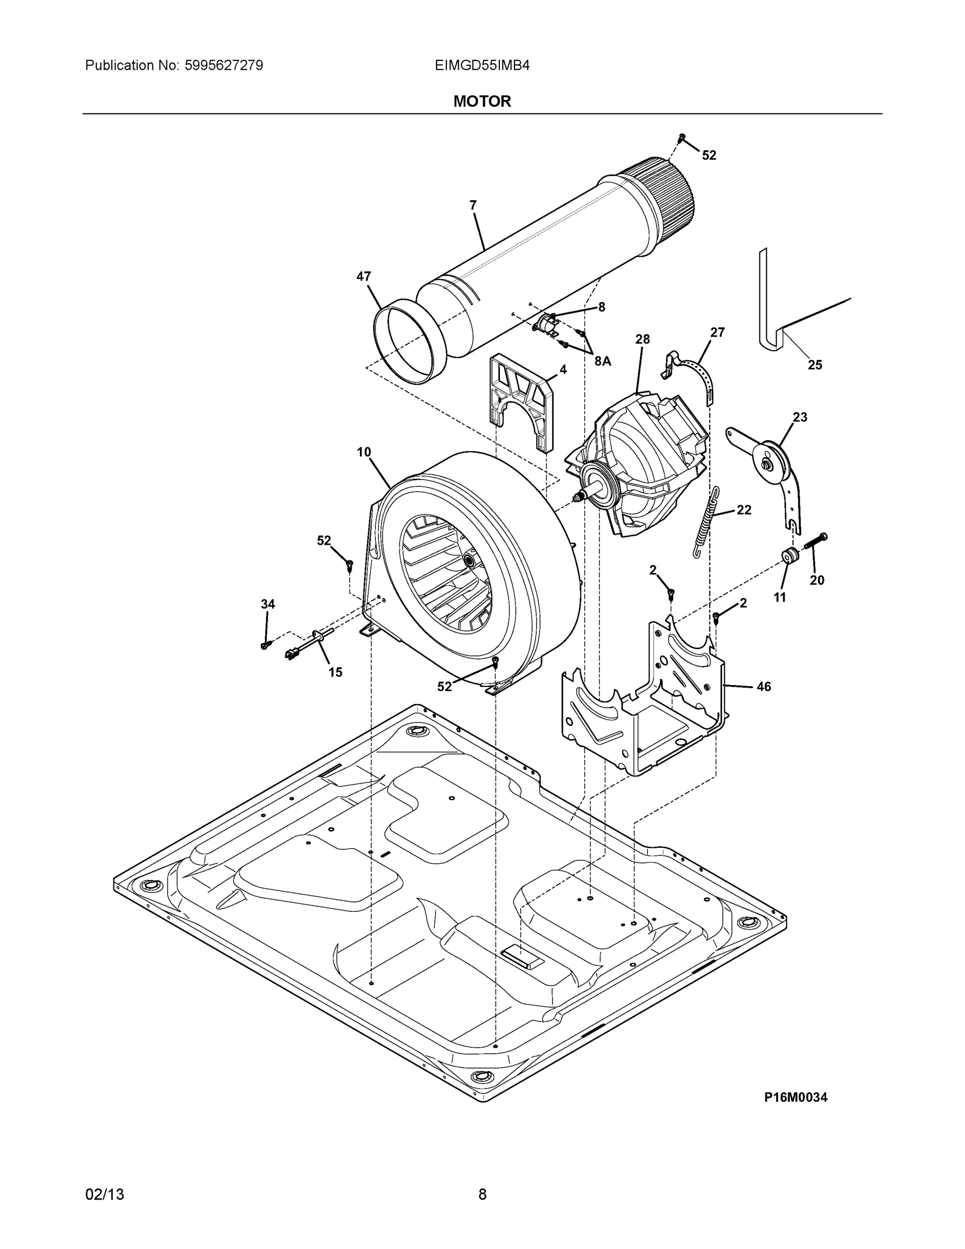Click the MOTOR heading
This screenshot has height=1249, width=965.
[482, 101]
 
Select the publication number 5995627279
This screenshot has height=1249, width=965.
[224, 65]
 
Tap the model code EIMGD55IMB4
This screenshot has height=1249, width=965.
[482, 65]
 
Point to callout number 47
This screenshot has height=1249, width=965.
[364, 276]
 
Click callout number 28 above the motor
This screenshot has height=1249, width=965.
[642, 339]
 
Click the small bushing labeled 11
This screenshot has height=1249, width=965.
[790, 555]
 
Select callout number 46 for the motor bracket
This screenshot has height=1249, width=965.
[764, 686]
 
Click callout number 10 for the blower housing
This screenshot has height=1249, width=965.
[364, 452]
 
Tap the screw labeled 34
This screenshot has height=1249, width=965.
[265, 644]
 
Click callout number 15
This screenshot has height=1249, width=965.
[335, 672]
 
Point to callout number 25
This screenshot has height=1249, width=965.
[815, 364]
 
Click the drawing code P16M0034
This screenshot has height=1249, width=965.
[795, 1097]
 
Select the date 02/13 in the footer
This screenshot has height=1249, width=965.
[105, 1194]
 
